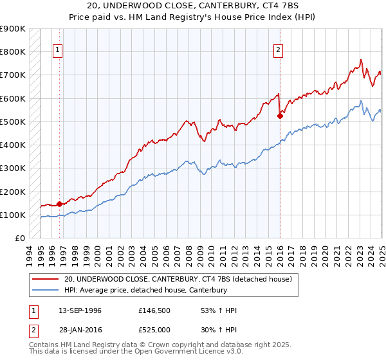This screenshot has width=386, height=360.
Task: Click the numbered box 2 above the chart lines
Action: coord(279,51)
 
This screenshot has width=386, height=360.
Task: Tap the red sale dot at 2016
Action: coord(280,116)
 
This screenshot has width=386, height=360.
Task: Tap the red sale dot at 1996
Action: coord(59,204)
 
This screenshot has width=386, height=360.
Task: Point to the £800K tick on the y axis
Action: coord(13,51)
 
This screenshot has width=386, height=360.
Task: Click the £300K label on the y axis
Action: coord(13,168)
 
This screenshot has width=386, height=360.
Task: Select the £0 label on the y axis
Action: coord(20,239)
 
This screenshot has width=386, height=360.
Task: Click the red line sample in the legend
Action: coord(45,279)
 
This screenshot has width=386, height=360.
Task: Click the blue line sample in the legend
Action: coord(45,291)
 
